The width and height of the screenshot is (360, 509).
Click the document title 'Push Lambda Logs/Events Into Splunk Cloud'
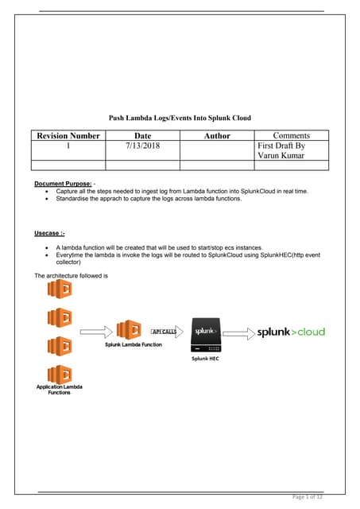[180, 118]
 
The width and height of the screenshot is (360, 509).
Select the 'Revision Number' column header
[68, 136]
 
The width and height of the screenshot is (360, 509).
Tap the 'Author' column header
[217, 136]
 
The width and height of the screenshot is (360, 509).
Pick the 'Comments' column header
[291, 136]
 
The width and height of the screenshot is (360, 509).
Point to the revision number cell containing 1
[68, 146]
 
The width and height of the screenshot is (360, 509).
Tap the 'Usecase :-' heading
[49, 233]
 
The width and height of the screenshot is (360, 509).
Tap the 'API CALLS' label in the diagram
[164, 329]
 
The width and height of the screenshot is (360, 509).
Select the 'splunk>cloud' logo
[291, 332]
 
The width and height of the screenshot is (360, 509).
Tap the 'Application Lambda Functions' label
[60, 390]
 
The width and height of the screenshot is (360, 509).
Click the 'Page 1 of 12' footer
[308, 497]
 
